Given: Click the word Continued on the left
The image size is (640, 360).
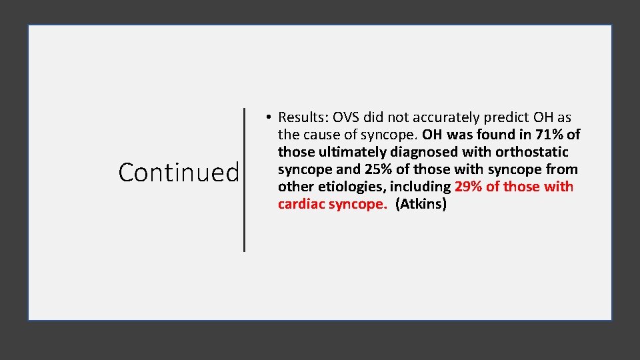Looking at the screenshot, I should [179, 173].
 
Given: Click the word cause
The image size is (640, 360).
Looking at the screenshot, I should [323, 135].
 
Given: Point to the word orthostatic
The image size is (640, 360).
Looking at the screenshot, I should [531, 152].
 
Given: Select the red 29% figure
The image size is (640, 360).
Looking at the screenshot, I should [469, 187].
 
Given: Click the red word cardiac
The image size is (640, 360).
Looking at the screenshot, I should [301, 204].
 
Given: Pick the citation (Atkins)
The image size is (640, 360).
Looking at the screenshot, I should [421, 204].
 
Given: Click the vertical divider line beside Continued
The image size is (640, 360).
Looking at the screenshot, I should [244, 180].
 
